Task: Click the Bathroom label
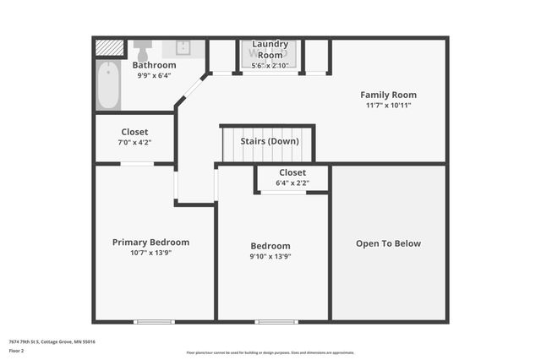154,65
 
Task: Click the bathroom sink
183,47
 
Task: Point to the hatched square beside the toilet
108,48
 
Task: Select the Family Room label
388,95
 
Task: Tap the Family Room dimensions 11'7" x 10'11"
388,106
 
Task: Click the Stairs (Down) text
270,141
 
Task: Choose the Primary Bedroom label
150,243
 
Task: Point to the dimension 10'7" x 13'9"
150,254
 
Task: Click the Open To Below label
388,244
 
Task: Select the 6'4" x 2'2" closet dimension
292,183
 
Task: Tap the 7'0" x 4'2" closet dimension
134,143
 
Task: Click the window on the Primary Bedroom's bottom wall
154,321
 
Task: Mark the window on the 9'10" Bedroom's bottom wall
276,321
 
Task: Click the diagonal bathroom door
193,90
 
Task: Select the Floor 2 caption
17,350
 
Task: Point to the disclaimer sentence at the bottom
270,353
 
